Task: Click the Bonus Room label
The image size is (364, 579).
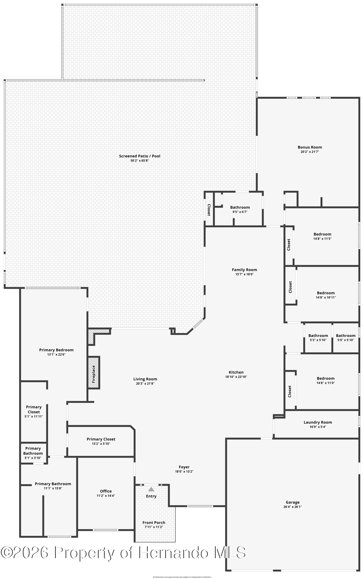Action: tap(310, 147)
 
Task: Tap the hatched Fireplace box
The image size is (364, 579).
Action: tap(94, 373)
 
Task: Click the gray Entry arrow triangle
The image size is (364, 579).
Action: tap(151, 489)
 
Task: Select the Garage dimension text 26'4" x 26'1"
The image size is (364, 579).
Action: tap(292, 507)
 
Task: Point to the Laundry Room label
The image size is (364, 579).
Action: tap(318, 422)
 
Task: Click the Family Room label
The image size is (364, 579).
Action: tap(244, 270)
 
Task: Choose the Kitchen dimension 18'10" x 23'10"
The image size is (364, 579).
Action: tap(236, 377)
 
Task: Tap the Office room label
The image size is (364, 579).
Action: tap(106, 491)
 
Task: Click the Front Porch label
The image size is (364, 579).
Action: tap(154, 523)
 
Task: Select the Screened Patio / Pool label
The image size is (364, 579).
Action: tap(140, 156)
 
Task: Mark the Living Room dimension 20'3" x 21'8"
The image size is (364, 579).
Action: tap(145, 384)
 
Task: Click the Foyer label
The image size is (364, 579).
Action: tap(184, 467)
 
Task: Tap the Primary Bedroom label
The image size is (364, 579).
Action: tap(56, 350)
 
